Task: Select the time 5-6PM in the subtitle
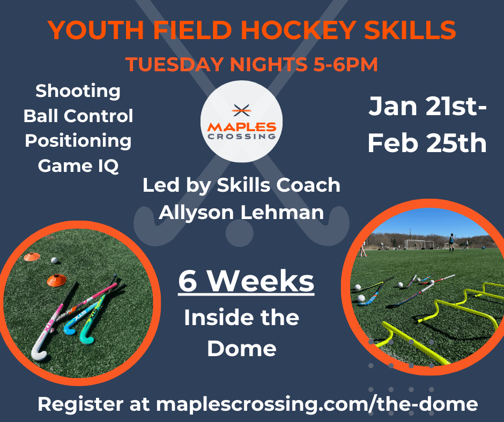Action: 345,64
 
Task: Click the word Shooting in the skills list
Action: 78,92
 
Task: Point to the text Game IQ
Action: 78,166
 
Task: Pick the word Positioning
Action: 78,141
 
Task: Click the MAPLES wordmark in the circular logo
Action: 242,127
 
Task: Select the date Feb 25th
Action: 427,143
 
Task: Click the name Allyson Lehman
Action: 241,213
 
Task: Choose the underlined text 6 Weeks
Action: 246,281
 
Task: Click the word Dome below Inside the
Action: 242,349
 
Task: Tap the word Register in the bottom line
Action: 80,404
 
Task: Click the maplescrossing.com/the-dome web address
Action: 317,404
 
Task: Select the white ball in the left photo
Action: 54,260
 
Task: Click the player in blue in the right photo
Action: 451,243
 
